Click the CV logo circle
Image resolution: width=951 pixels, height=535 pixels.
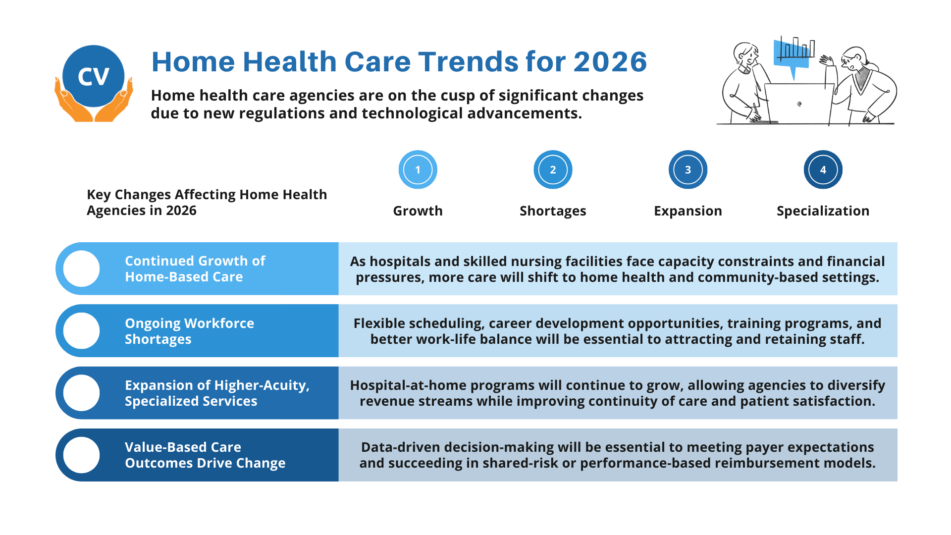point(93,76)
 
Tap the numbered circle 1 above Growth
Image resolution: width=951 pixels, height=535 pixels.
point(418,169)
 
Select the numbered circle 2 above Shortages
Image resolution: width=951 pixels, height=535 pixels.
point(553,169)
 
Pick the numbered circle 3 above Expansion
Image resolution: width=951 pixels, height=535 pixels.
point(687,169)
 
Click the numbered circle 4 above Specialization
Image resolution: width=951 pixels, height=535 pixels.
point(823,169)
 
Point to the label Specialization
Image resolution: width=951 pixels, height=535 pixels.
point(823,211)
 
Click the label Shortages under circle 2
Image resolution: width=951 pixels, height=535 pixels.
point(553,211)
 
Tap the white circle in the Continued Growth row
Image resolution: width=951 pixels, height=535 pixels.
point(82,268)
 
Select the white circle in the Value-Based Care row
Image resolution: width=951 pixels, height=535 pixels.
point(82,455)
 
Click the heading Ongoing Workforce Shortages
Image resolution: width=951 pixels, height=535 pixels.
point(189,331)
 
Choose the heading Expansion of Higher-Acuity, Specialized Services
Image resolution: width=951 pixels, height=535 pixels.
point(217,393)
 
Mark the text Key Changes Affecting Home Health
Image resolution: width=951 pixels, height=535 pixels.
point(207,194)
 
